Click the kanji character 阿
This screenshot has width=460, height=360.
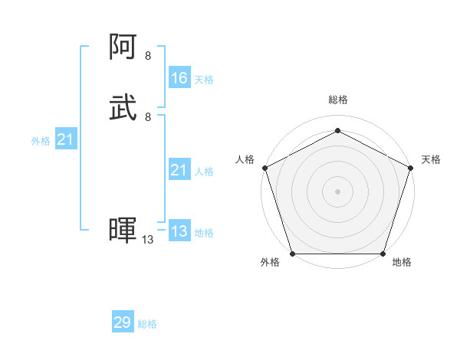(123, 48)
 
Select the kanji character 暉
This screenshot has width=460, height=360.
(123, 231)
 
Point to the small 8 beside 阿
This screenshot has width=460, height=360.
(148, 56)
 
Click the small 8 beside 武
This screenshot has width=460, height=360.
(148, 116)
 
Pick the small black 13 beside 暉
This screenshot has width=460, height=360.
(148, 240)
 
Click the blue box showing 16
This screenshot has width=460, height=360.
(179, 78)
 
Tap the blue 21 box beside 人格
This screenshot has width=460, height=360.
(179, 170)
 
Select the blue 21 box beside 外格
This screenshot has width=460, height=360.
(66, 139)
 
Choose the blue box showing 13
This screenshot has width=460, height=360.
(179, 231)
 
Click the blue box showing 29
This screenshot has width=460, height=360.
(123, 322)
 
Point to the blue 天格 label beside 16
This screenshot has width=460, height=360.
(204, 80)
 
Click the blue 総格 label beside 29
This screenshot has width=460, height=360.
(147, 324)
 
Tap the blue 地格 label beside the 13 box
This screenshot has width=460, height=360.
(204, 233)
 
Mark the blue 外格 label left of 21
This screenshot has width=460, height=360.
(41, 141)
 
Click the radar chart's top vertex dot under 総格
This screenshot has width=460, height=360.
(337, 130)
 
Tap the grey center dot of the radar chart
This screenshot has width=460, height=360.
(337, 191)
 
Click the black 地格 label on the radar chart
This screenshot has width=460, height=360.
(402, 262)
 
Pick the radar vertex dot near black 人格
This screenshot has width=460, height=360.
(264, 167)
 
